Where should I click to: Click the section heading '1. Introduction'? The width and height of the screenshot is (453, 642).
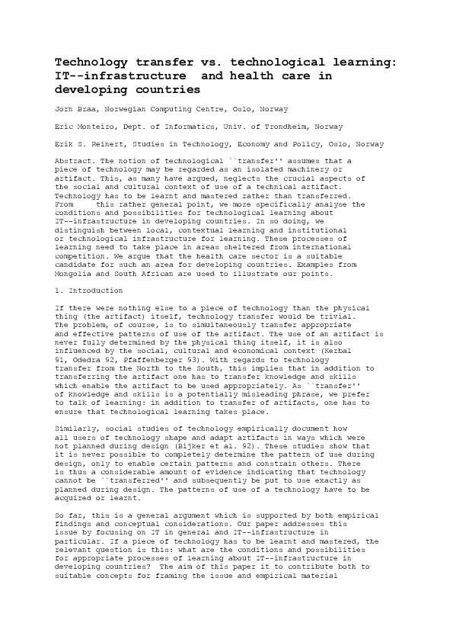[x=86, y=291]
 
